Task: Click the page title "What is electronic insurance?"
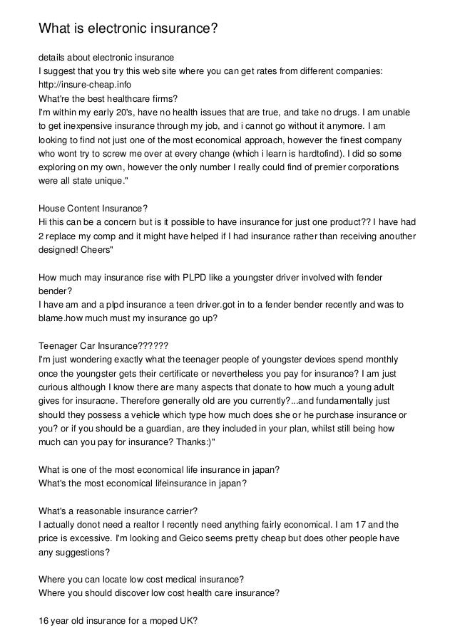127,29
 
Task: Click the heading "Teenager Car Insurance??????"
103,345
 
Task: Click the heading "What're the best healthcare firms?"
108,99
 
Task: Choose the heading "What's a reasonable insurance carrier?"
118,510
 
